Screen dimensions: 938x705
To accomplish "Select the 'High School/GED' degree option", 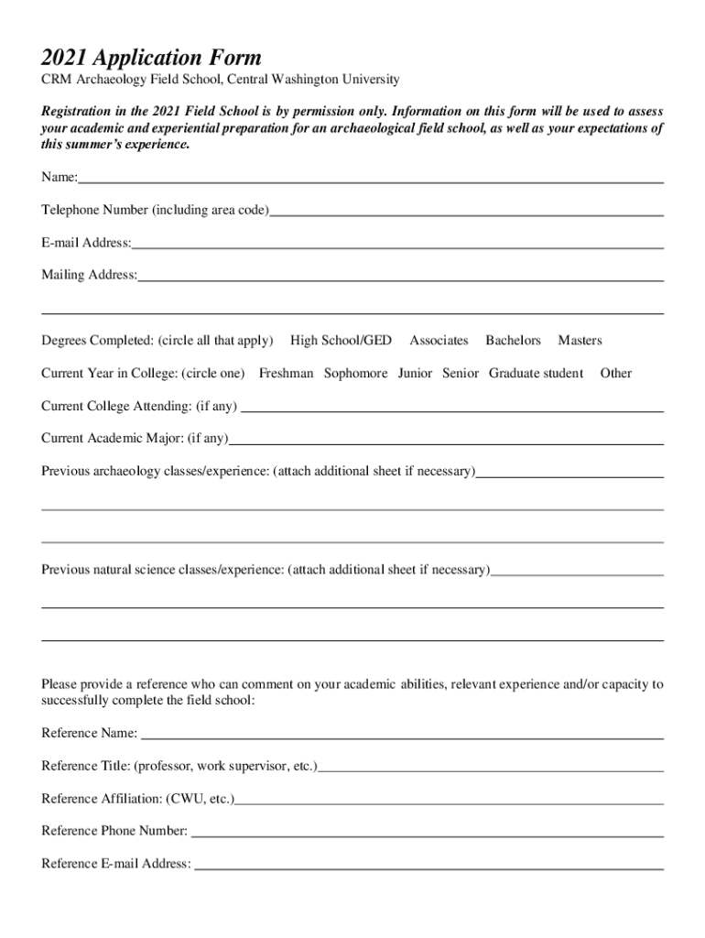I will coord(341,341).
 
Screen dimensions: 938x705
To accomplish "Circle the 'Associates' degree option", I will coord(439,341).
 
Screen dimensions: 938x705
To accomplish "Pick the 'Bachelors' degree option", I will coord(513,341).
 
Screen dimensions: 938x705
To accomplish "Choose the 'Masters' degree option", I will coord(580,341).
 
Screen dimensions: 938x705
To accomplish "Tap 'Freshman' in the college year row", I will coord(286,374).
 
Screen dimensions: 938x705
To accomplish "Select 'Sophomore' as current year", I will coord(355,374).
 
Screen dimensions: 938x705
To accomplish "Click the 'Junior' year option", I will coord(415,374).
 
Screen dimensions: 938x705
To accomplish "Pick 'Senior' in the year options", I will coord(461,374).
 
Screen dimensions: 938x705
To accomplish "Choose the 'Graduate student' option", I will coord(536,374).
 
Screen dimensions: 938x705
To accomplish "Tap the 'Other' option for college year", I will coord(615,374).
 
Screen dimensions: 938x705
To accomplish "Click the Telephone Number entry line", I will coord(466,213).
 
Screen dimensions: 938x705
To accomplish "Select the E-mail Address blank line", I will coord(397,245).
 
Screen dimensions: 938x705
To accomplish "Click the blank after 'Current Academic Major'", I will coord(446,441).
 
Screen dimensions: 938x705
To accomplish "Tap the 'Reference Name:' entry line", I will coord(402,735).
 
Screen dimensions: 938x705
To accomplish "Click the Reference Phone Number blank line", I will coord(427,833).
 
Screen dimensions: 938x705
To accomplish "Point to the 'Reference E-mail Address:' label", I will coord(116,864).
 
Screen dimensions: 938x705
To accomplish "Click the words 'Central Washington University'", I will coord(315,81).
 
